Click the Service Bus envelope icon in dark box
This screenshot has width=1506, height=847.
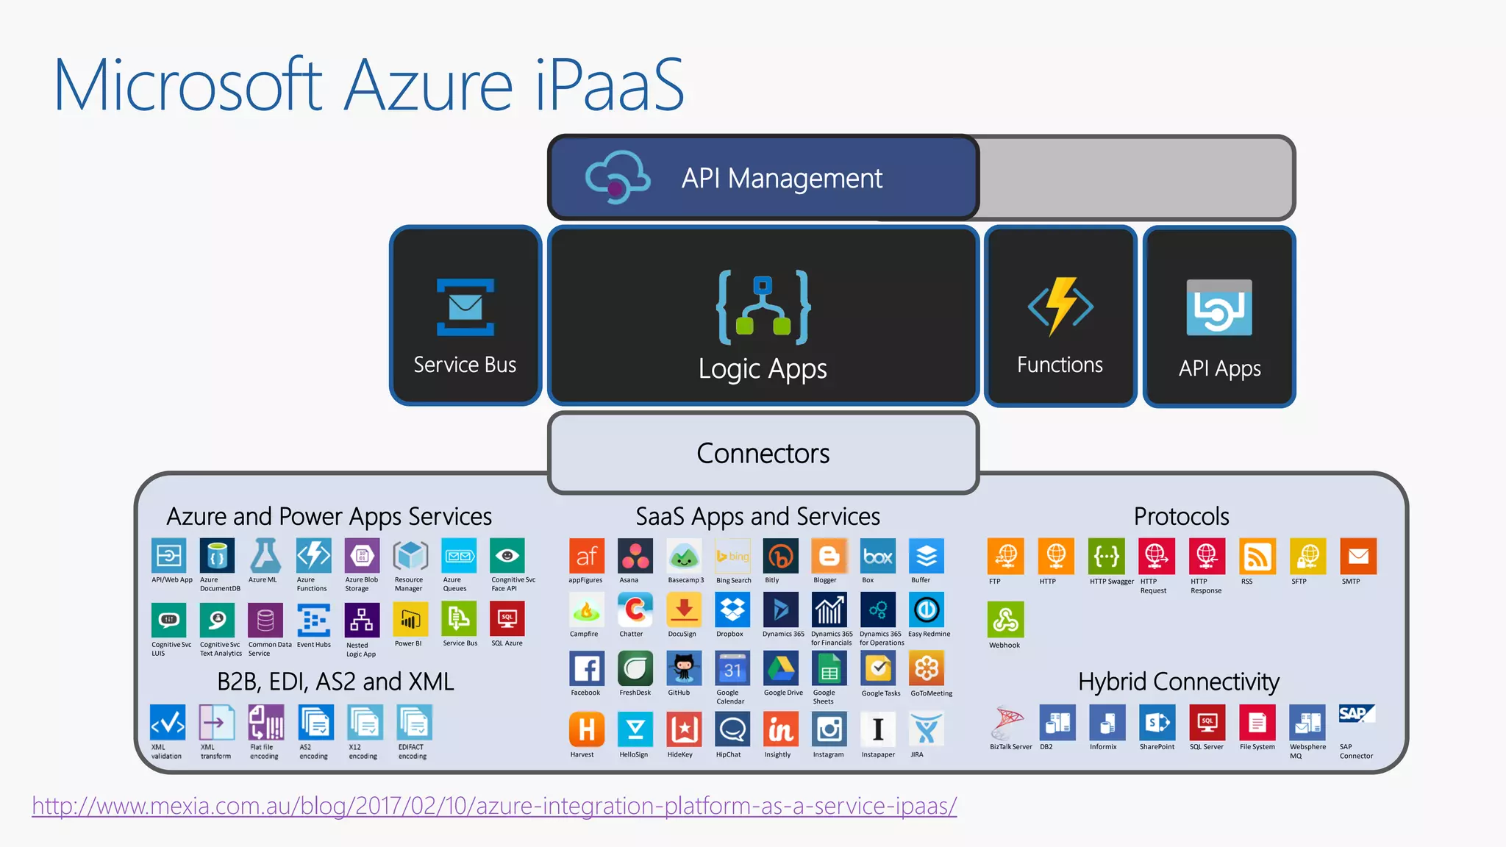(x=465, y=307)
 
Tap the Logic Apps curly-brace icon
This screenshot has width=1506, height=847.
(x=763, y=308)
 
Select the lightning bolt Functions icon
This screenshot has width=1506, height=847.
(x=1060, y=307)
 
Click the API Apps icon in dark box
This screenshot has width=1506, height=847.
(x=1219, y=308)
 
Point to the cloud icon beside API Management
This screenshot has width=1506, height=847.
(x=617, y=177)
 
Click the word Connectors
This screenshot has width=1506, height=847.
(x=763, y=454)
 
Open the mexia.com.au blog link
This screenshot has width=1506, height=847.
(x=494, y=806)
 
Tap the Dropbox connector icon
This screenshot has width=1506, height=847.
(x=732, y=610)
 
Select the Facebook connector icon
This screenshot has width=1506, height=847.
(x=587, y=668)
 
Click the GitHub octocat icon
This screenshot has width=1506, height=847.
(x=684, y=668)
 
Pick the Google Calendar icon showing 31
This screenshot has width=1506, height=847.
(x=732, y=668)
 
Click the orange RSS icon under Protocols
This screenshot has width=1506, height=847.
(x=1257, y=557)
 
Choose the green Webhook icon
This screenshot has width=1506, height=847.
(x=1005, y=621)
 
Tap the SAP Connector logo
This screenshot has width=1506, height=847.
(x=1356, y=715)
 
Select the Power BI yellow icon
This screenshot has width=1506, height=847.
(x=410, y=620)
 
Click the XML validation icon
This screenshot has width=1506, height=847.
(x=168, y=723)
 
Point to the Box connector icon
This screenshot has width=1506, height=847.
(x=878, y=557)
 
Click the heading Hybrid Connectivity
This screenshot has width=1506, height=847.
(x=1179, y=682)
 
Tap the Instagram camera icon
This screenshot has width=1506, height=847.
(x=829, y=729)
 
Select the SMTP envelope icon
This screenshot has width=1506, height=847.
(x=1357, y=557)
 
